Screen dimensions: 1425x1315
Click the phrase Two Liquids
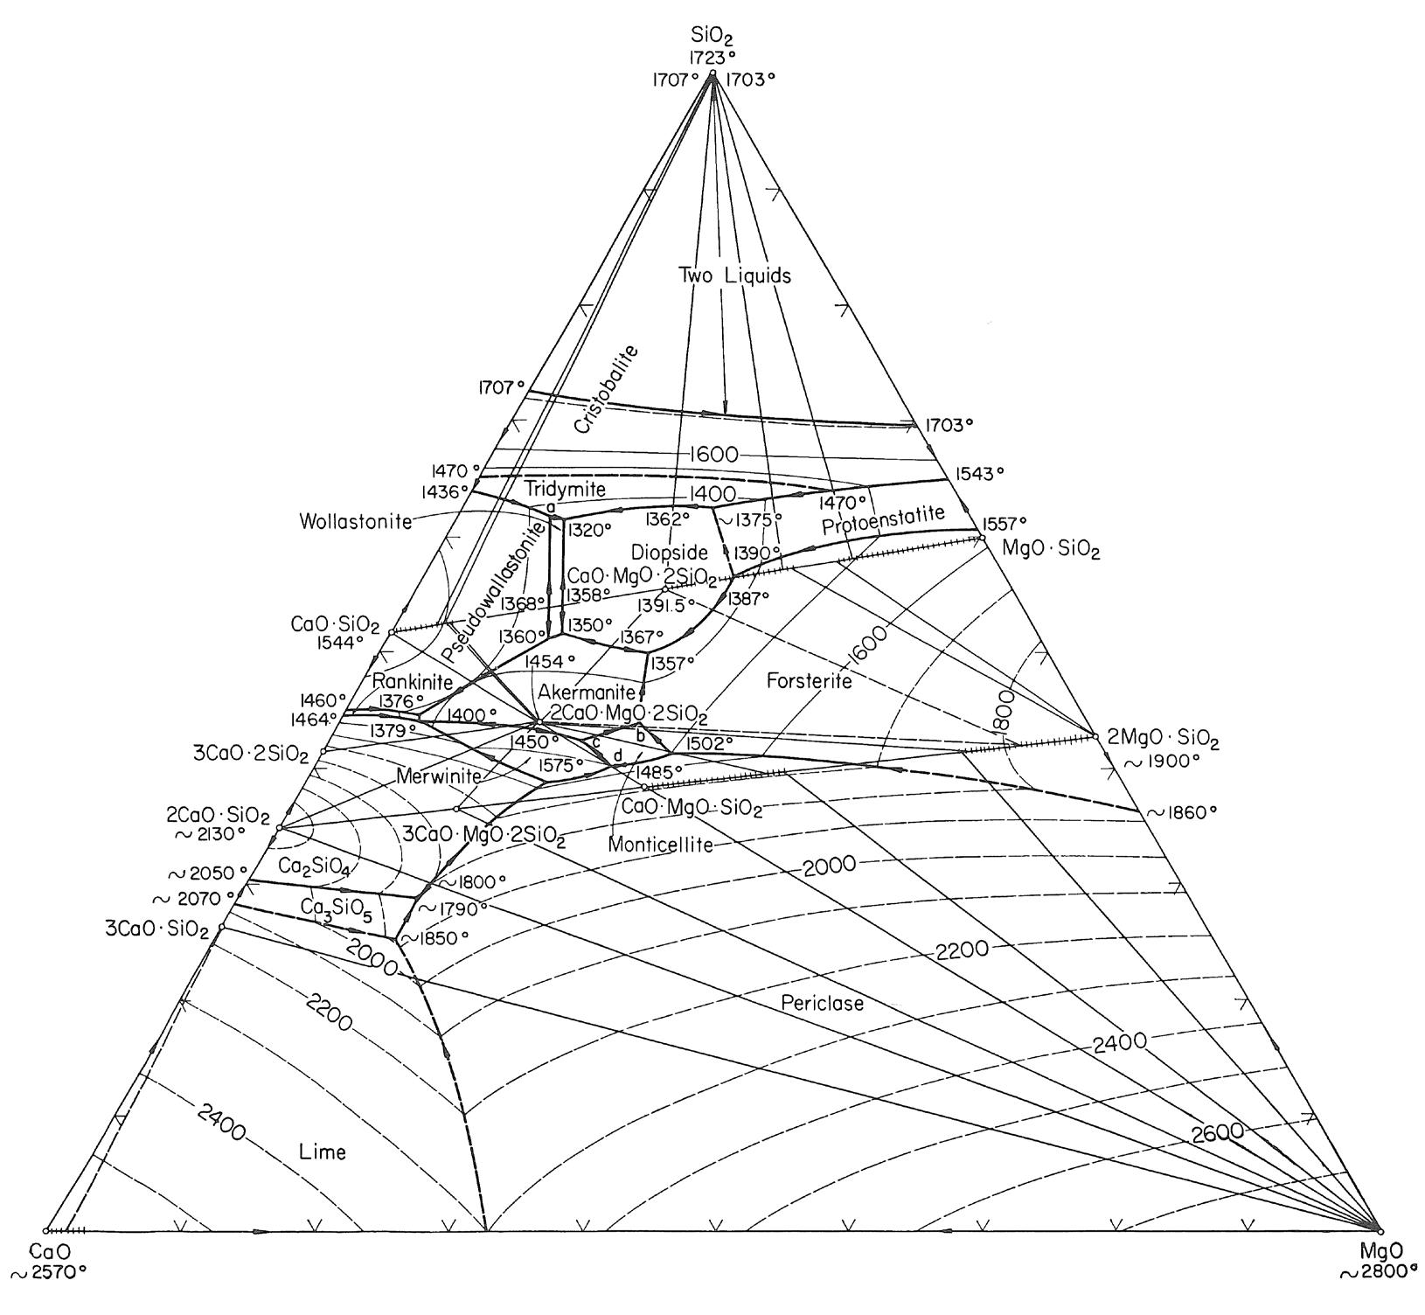click(x=734, y=275)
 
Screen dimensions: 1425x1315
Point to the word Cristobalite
click(x=608, y=390)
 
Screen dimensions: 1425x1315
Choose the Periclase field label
click(x=823, y=1003)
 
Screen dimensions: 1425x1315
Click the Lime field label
click(x=322, y=1151)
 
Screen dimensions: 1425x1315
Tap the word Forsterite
click(x=809, y=681)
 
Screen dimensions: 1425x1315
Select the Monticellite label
click(x=660, y=845)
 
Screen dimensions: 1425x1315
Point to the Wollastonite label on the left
click(x=354, y=522)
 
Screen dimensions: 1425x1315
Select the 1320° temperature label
click(x=590, y=529)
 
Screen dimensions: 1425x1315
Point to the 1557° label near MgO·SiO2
click(x=1004, y=523)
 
